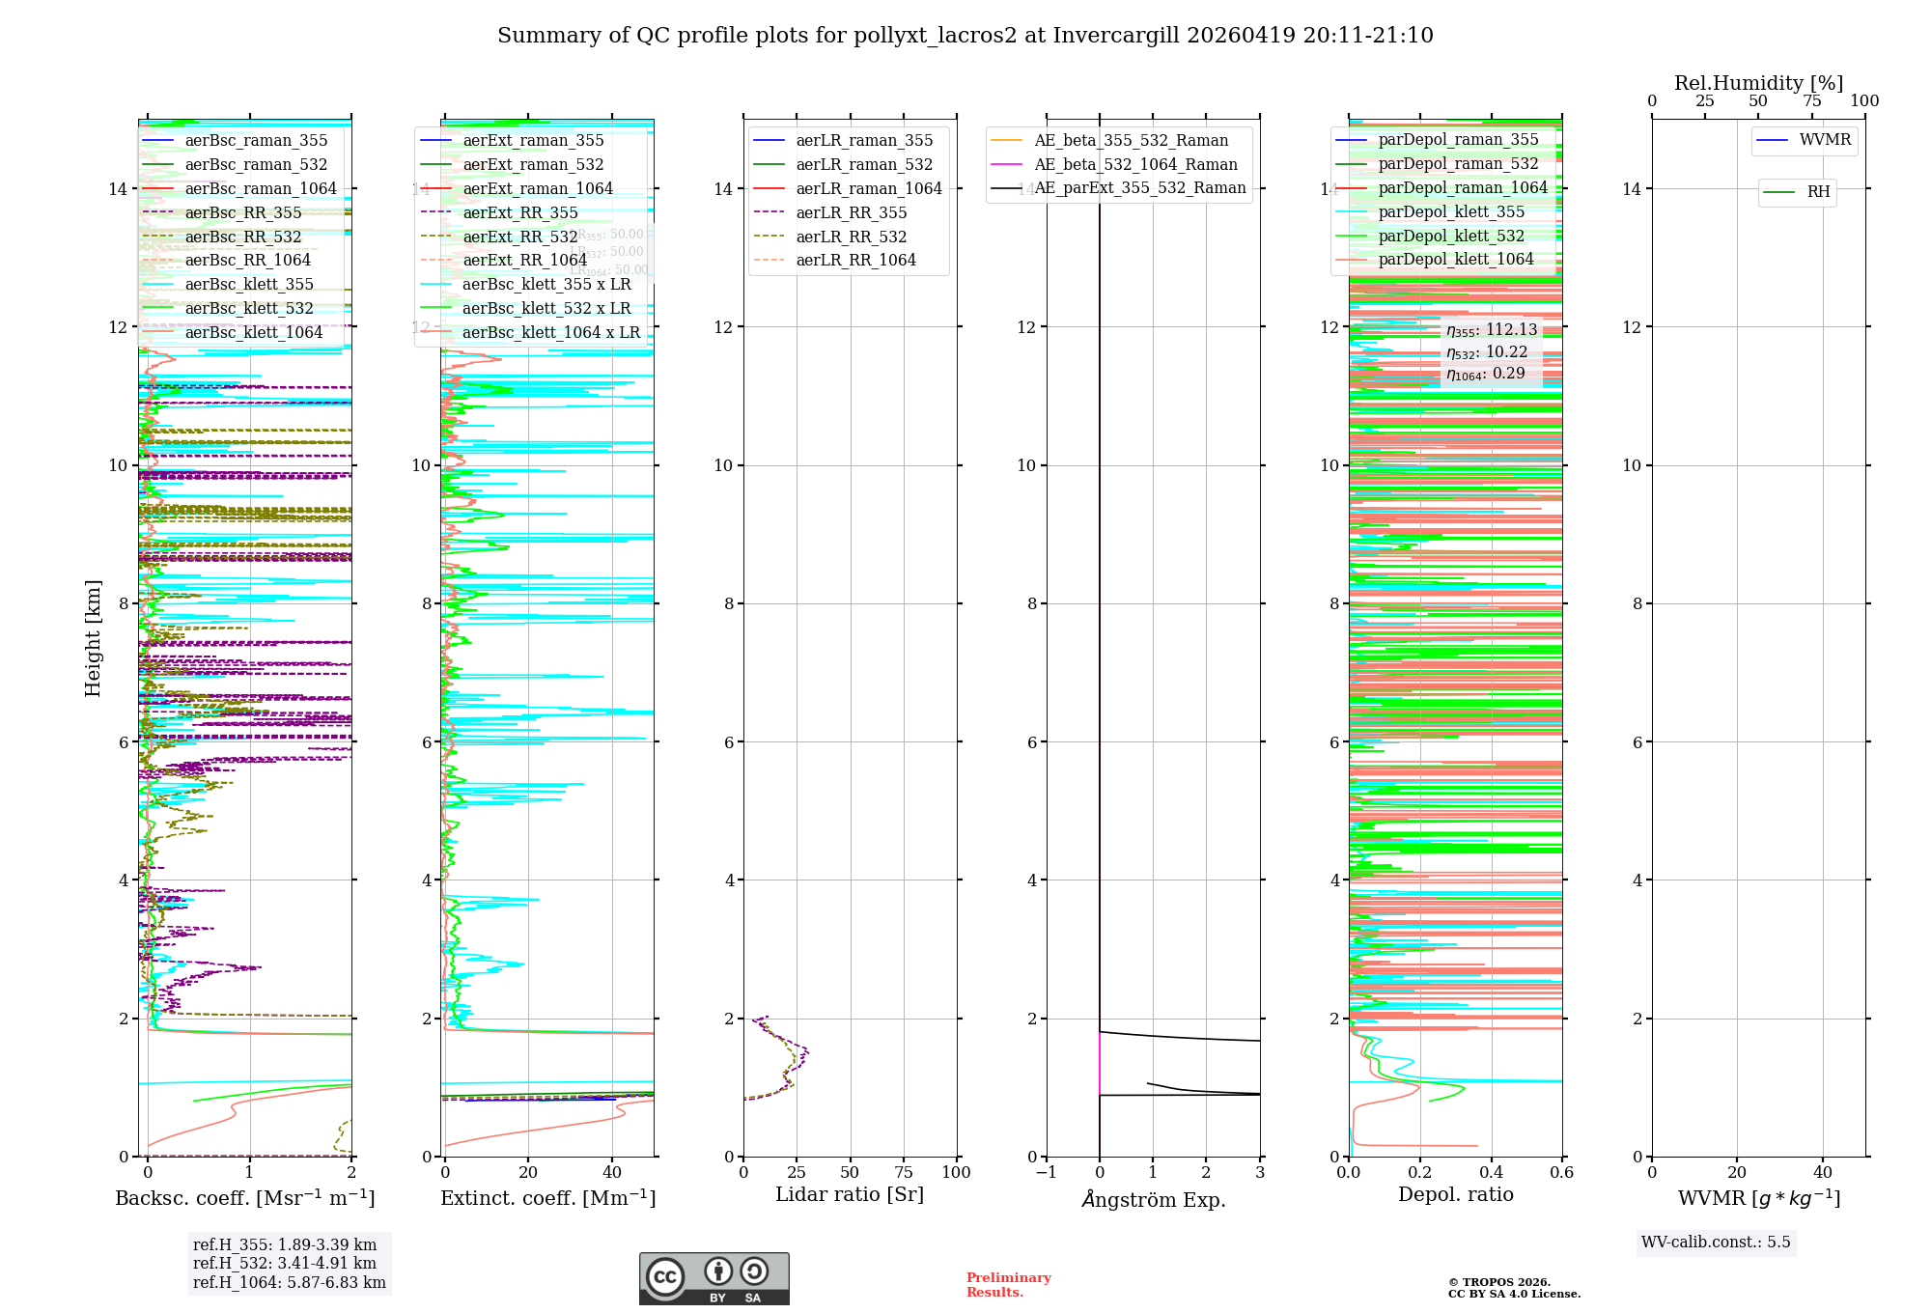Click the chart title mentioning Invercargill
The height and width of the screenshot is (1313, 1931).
click(x=965, y=36)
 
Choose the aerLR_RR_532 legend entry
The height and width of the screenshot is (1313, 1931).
click(x=851, y=237)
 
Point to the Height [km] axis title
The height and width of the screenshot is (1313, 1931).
click(x=93, y=637)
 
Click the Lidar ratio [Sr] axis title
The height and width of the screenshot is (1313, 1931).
click(x=850, y=1195)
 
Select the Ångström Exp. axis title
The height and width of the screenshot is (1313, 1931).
click(x=1153, y=1200)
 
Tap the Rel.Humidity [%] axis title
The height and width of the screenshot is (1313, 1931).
click(x=1758, y=83)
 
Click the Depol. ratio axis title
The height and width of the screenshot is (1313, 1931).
click(x=1455, y=1195)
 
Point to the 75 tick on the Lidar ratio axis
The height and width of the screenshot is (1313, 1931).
click(x=904, y=1173)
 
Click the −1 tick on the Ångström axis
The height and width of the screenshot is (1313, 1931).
click(x=1046, y=1173)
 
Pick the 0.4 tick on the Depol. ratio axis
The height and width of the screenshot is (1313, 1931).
click(x=1491, y=1173)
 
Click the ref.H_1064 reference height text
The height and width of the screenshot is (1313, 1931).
click(x=289, y=1283)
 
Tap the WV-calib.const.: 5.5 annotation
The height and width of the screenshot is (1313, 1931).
click(x=1715, y=1243)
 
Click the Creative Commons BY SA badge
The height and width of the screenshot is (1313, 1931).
click(x=714, y=1279)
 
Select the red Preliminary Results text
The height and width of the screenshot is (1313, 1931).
click(x=1008, y=1285)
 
